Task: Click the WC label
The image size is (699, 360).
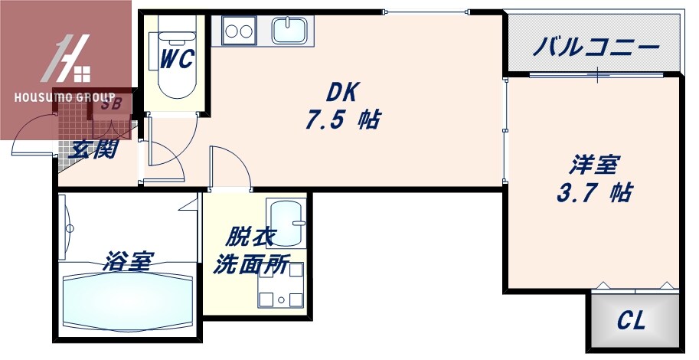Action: click(176, 57)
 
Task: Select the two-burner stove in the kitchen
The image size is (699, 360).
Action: click(239, 32)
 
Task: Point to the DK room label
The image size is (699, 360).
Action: click(342, 92)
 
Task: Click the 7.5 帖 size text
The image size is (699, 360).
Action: click(342, 120)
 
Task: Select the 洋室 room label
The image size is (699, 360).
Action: click(593, 165)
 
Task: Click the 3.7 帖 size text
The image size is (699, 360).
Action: click(593, 193)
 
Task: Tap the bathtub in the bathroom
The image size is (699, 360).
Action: click(126, 302)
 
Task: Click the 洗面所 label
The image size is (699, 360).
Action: click(250, 264)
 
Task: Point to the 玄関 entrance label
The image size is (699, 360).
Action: click(92, 149)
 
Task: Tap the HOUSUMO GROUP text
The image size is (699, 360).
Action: click(64, 98)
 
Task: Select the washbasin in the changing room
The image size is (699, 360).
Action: click(286, 221)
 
